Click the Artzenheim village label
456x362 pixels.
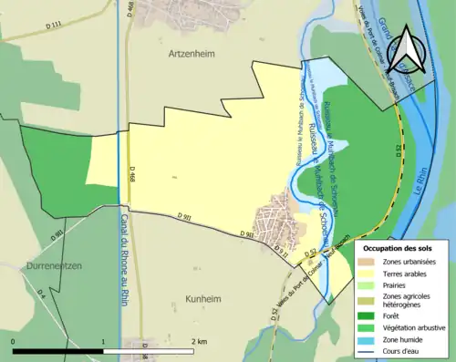click(191, 54)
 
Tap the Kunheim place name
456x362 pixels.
click(178, 273)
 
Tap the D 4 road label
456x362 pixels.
click(40, 295)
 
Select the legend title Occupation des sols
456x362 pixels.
click(399, 248)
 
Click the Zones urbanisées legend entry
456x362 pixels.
click(409, 263)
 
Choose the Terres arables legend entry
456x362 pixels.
click(405, 274)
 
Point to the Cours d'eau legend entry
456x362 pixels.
click(402, 350)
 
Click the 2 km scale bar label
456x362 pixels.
click(199, 341)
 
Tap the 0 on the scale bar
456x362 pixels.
click(14, 341)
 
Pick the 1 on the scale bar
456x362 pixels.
click(103, 341)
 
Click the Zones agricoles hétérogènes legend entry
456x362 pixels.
click(407, 301)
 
